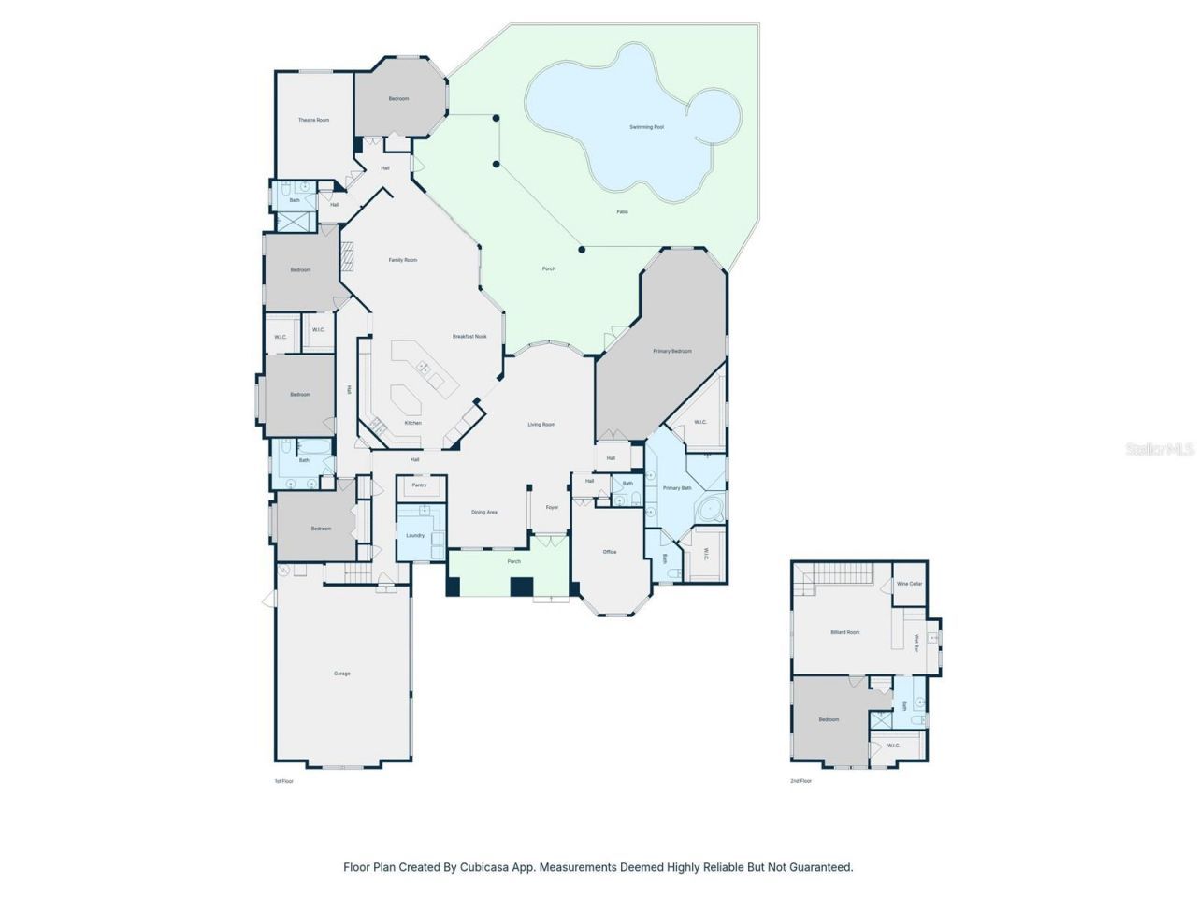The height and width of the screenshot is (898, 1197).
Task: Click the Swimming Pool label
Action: [x=646, y=126]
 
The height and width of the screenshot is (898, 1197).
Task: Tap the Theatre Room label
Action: [x=313, y=120]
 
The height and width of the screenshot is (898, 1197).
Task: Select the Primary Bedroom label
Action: [x=672, y=351]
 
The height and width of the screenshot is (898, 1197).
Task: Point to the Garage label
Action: [x=342, y=673]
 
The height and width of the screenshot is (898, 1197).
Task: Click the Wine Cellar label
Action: [x=909, y=584]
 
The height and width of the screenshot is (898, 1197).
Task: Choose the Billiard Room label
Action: [x=844, y=632]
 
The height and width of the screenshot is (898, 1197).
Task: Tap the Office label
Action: [x=610, y=552]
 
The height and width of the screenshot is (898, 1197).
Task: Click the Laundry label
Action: [x=415, y=535]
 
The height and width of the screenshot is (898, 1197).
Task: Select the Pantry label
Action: [x=419, y=485]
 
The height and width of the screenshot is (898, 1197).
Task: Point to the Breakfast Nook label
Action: [x=469, y=336]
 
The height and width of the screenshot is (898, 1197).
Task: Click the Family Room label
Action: [x=403, y=260]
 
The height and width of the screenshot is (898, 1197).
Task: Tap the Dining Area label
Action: [x=484, y=512]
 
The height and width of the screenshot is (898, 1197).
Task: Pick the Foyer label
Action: [x=552, y=507]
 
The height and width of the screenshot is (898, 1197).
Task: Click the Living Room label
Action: [x=541, y=424]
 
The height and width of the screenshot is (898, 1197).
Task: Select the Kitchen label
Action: [x=412, y=423]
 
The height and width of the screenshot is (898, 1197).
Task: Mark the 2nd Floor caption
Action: [x=800, y=780]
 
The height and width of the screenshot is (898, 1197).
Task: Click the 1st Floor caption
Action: [x=283, y=780]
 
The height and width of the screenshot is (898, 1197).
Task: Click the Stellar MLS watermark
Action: [x=1160, y=450]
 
